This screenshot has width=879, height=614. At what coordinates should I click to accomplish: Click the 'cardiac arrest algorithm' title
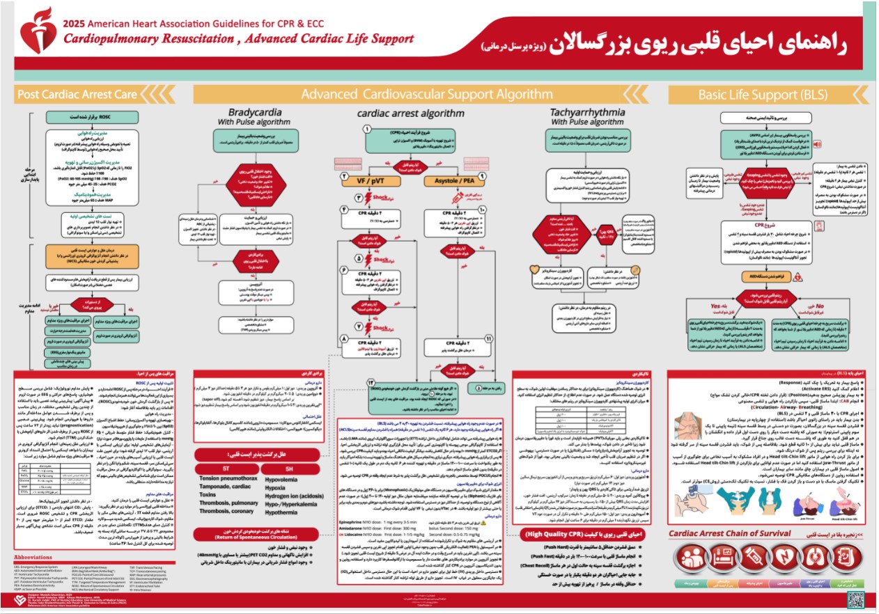click(x=410, y=113)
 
